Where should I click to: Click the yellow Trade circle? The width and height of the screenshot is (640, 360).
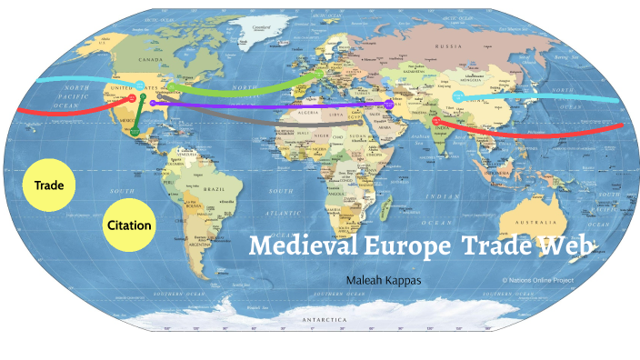(x=48, y=185)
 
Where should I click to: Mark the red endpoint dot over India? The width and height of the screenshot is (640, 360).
(x=436, y=120)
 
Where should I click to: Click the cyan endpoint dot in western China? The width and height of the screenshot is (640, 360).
(x=458, y=95)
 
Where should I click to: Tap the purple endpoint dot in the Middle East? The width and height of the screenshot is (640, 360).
(x=388, y=105)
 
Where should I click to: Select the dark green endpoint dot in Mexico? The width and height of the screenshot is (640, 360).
(x=135, y=134)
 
